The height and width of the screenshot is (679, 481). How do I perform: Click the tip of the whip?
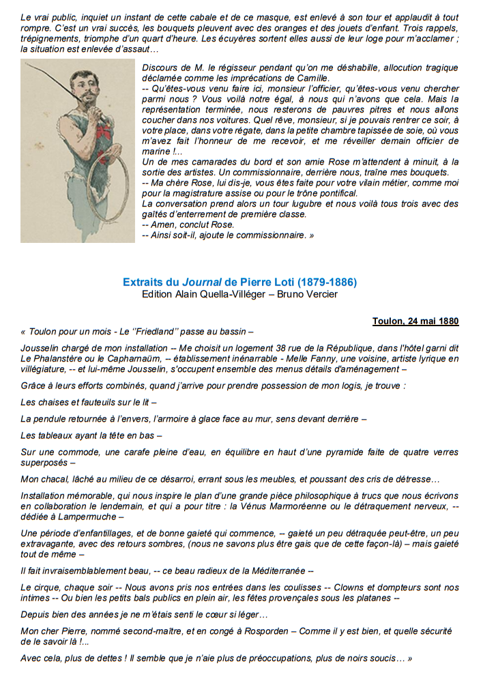[26, 65]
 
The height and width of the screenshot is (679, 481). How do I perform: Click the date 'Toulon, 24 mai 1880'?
[416, 321]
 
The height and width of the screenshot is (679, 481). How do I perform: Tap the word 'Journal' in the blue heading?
[201, 282]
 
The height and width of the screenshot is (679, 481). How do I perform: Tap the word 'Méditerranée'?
[271, 570]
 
